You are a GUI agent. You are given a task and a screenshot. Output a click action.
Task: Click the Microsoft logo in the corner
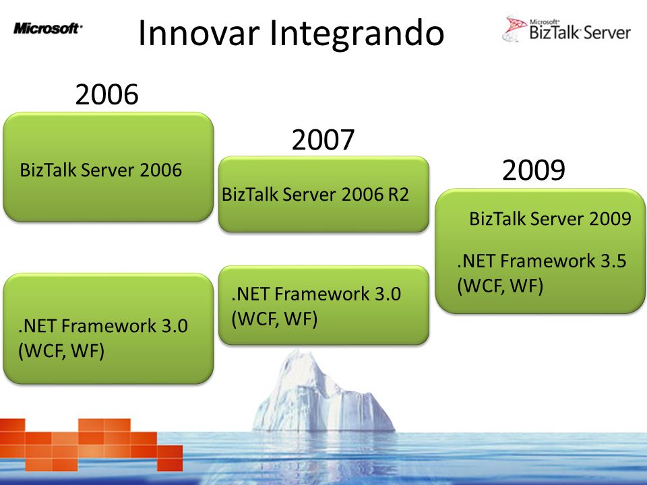pos(48,28)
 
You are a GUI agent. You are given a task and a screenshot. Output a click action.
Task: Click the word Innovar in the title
pos(199,33)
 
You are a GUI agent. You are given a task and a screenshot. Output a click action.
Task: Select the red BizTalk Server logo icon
pos(514,28)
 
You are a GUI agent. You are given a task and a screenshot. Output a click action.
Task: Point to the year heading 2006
pos(107,94)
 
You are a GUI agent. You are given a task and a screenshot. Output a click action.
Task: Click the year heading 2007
pos(323,140)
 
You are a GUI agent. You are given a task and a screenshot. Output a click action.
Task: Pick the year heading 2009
pos(534,170)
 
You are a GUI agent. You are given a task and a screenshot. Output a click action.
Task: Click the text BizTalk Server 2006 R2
pos(315,195)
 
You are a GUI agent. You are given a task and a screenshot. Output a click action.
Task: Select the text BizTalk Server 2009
pos(550,218)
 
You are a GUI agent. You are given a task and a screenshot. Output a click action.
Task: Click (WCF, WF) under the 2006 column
pos(61,352)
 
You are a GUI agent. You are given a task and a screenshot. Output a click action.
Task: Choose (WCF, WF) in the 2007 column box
pos(274,319)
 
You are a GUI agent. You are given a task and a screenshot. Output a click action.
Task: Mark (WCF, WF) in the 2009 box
pos(500,286)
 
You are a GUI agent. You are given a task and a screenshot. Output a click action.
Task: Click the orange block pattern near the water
pos(91,445)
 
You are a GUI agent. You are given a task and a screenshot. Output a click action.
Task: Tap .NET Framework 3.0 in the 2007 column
pos(316,294)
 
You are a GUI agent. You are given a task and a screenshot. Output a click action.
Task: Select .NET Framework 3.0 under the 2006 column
pos(103,326)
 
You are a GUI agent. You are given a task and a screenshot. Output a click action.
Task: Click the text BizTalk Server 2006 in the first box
pos(100,170)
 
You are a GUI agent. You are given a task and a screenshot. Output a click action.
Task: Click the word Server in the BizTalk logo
pos(607,32)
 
